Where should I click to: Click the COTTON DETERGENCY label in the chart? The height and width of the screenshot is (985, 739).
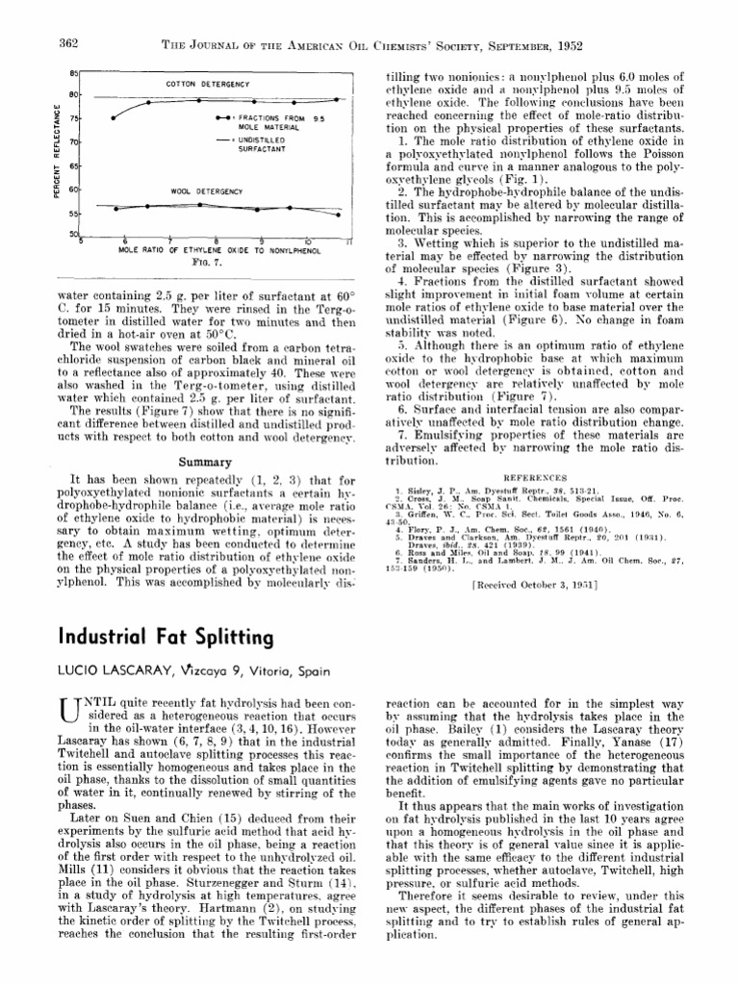click(x=208, y=85)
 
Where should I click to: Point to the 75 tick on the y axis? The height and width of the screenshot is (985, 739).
click(x=75, y=118)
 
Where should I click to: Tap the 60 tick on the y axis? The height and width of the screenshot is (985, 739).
click(x=75, y=189)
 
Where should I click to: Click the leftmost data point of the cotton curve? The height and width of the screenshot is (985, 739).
click(x=114, y=118)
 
